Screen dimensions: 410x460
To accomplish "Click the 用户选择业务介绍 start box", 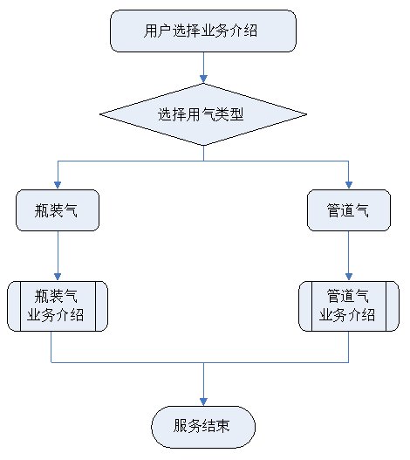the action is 203,31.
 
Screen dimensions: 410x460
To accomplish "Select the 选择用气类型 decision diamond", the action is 203,114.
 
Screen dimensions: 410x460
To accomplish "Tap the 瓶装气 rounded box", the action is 58,210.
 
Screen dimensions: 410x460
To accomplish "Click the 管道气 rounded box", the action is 349,210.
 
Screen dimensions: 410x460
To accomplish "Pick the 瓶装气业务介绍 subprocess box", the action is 58,306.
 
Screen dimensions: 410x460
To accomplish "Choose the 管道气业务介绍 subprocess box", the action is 349,306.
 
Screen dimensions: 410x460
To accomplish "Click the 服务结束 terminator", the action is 203,427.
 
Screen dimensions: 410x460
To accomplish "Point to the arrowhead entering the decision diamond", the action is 203,79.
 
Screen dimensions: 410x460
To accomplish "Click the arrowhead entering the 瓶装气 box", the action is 58,185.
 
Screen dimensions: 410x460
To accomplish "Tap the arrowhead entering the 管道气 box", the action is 349,185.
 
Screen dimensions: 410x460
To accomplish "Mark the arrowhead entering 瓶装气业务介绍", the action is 58,277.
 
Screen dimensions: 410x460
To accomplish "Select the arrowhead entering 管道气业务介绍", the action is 349,277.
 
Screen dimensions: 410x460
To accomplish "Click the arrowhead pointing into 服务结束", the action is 203,402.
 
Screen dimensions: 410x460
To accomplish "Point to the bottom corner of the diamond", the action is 203,145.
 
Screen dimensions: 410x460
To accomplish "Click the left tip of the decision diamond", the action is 100,114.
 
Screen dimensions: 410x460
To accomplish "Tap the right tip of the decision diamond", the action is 307,114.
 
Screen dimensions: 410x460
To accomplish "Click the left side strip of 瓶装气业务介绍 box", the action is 14,306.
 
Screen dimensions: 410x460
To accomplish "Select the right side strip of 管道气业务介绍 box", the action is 393,306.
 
